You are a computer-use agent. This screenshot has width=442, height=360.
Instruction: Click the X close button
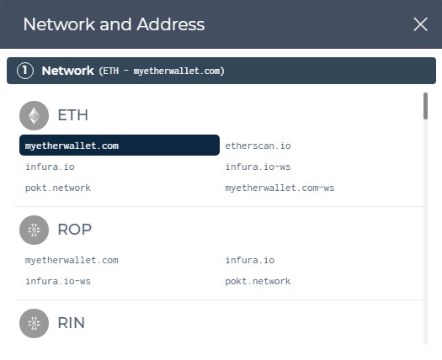(x=420, y=24)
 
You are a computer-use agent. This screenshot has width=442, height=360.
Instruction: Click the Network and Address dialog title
(x=114, y=24)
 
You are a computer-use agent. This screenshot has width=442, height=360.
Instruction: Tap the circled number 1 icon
(x=25, y=71)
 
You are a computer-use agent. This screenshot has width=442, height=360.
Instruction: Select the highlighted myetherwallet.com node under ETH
(x=120, y=145)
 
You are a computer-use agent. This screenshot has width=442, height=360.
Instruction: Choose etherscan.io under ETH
(x=258, y=146)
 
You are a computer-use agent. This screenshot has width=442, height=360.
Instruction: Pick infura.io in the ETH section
(x=50, y=167)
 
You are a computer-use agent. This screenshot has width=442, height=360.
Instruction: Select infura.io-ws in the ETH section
(x=258, y=167)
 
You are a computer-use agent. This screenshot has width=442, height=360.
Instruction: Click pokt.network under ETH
(x=58, y=188)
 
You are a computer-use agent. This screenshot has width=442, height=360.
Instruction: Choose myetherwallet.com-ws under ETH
(x=280, y=188)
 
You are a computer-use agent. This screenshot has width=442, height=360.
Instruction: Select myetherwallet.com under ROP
(x=72, y=260)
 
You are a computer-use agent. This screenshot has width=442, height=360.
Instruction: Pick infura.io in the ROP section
(x=250, y=260)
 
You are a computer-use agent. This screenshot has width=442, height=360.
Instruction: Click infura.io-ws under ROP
(x=58, y=281)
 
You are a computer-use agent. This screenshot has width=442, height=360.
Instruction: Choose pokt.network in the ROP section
(x=258, y=281)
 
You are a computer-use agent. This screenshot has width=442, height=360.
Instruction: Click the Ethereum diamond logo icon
(x=35, y=115)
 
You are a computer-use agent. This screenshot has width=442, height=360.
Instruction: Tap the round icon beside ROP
(x=35, y=230)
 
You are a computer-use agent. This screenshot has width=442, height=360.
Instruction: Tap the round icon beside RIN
(x=35, y=323)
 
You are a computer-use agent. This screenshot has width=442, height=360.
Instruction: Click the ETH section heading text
(x=72, y=115)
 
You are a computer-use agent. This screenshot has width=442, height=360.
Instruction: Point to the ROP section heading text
(x=74, y=230)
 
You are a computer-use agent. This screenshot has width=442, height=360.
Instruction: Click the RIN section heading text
(x=71, y=323)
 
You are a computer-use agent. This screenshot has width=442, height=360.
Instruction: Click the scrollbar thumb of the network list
(x=425, y=106)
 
